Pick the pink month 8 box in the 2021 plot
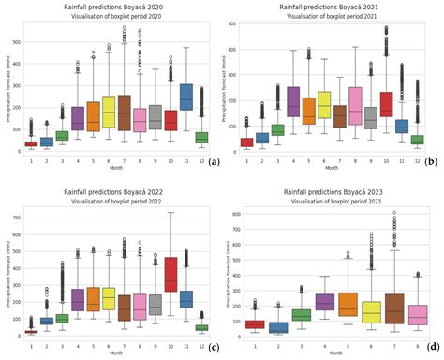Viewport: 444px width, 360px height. pos(354,106)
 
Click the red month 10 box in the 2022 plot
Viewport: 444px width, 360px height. pos(170,275)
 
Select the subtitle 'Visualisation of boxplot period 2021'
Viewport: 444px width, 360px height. pos(330,16)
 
